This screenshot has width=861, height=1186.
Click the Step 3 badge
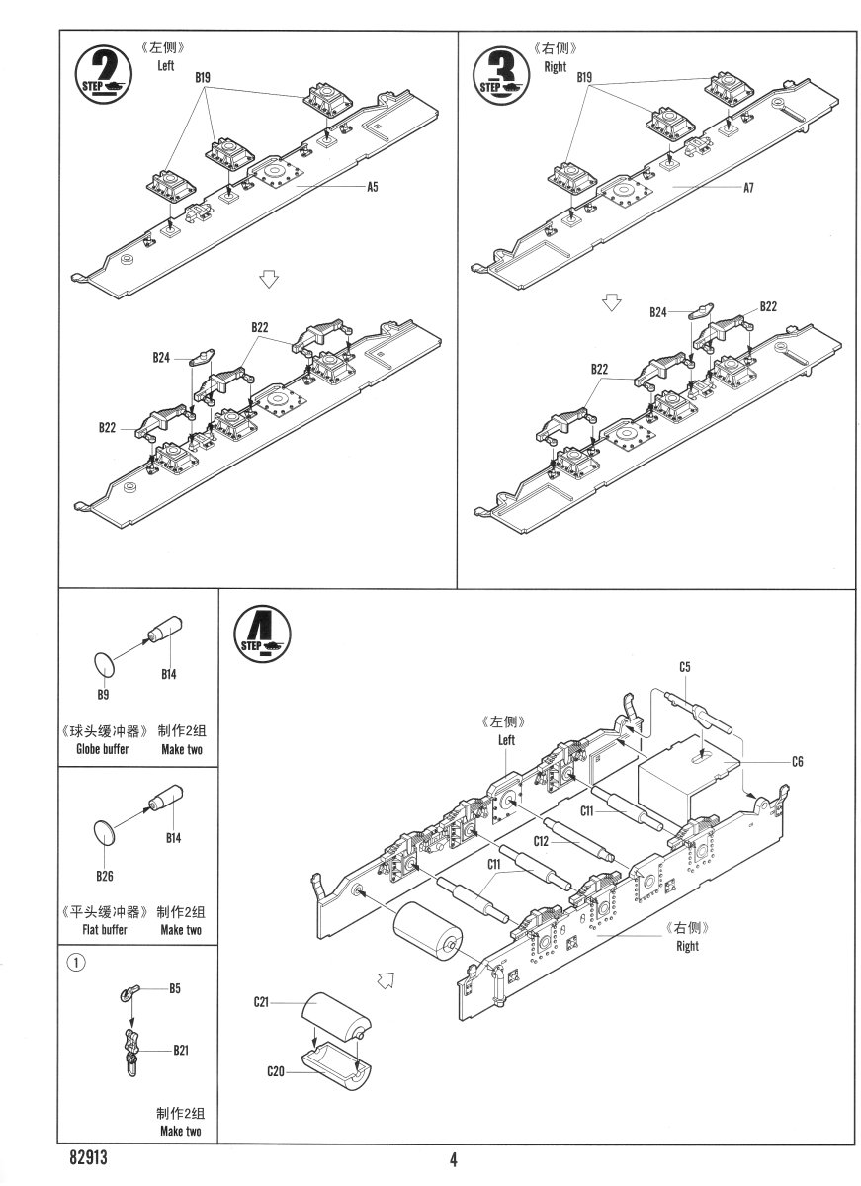point(500,73)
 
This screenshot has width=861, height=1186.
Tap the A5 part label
point(373,187)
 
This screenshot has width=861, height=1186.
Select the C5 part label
point(685,667)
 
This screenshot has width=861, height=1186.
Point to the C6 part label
point(797,761)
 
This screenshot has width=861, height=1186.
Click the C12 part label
point(541,841)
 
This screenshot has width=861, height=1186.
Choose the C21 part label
point(261,1002)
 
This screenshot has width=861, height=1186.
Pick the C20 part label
point(276,1071)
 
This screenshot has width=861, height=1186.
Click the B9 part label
point(102,693)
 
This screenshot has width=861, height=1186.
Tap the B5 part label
point(174,987)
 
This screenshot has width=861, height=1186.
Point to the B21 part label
point(180,1051)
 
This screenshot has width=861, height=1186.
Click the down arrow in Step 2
point(266,280)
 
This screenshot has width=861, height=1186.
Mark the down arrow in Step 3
point(613,301)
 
